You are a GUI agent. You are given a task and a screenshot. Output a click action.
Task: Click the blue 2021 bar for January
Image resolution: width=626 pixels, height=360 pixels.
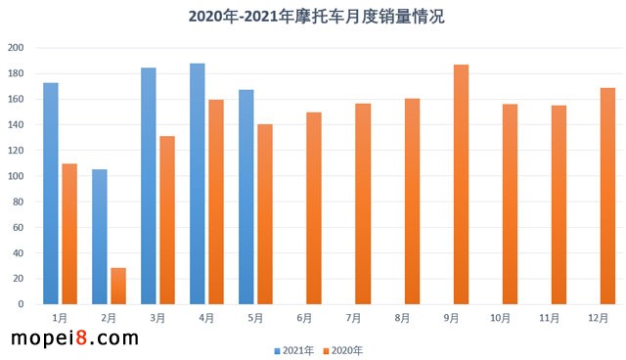51,194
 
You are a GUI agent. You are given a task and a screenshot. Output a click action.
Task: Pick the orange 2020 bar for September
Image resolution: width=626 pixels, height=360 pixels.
461,185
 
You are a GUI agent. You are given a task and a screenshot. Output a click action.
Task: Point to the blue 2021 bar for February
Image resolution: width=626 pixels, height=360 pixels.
100,237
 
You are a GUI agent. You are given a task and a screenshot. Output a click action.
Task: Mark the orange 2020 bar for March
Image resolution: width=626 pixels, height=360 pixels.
167,220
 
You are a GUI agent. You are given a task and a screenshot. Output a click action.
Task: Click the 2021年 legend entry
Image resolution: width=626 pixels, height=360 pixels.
293,349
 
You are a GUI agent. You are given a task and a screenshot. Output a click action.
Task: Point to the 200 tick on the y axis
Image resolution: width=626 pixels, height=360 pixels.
16,48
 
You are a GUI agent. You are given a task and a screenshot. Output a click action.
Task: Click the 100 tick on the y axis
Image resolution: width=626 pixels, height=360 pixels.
16,176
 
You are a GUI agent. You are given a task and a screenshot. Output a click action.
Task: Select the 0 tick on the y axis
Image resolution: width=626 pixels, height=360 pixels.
22,304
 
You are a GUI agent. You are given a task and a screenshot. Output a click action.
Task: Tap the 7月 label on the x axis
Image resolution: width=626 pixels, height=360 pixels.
353,318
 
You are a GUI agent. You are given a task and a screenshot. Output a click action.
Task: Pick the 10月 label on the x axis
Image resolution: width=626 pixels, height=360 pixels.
500,318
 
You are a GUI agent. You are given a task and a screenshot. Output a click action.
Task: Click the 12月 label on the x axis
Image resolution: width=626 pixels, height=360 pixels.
598,318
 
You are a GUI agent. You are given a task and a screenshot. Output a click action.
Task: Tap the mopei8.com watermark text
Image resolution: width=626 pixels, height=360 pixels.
74,338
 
